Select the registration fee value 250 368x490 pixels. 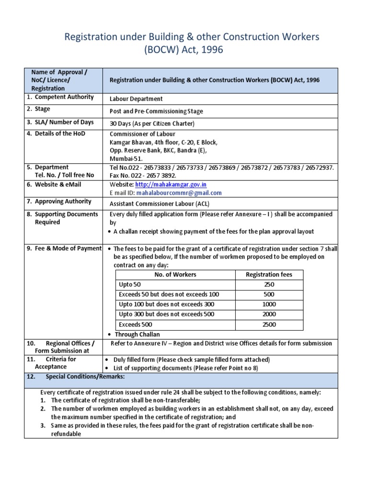coord(269,284)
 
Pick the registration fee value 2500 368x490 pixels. coord(269,324)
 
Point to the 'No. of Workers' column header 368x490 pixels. coord(175,274)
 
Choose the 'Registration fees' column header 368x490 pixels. coord(269,274)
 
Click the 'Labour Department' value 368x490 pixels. coord(136,99)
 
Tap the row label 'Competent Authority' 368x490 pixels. coord(64,97)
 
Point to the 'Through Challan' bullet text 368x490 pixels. coord(137,334)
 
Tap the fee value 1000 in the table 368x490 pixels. coord(269,304)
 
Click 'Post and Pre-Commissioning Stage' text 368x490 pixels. coord(156,111)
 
